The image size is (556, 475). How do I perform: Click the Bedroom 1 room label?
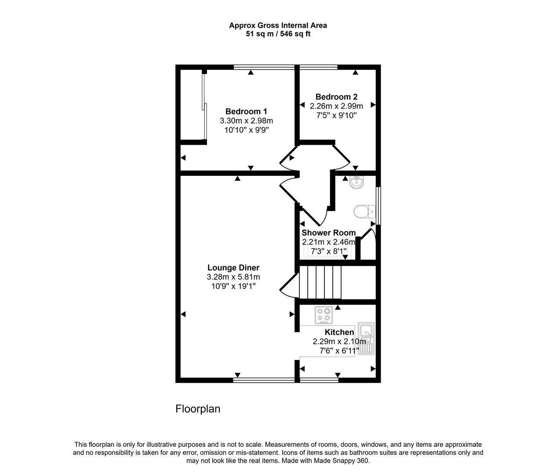pyautogui.click(x=246, y=111)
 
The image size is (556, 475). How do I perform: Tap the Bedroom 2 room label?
pyautogui.click(x=336, y=97)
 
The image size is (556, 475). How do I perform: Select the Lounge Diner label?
pyautogui.click(x=233, y=267)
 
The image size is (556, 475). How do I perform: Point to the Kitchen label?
pyautogui.click(x=339, y=332)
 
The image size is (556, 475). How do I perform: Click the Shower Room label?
pyautogui.click(x=329, y=233)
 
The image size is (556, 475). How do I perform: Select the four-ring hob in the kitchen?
pyautogui.click(x=324, y=315)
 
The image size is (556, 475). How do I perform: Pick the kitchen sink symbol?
pyautogui.click(x=366, y=339)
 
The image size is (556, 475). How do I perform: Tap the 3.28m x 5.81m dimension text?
pyautogui.click(x=233, y=277)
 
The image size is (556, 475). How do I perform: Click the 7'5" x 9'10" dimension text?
pyautogui.click(x=336, y=115)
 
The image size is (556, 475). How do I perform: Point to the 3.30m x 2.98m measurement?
pyautogui.click(x=246, y=121)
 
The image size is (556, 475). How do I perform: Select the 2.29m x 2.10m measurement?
pyautogui.click(x=339, y=341)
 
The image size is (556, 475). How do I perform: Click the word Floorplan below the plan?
pyautogui.click(x=198, y=409)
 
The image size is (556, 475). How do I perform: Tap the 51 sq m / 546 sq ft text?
pyautogui.click(x=278, y=34)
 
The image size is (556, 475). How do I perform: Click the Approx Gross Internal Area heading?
pyautogui.click(x=278, y=26)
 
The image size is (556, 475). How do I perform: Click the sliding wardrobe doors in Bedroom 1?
pyautogui.click(x=204, y=108)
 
